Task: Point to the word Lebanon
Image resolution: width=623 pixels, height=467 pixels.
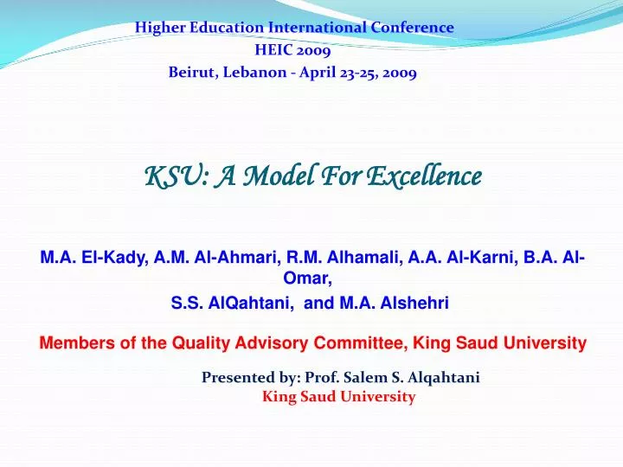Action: pyautogui.click(x=255, y=73)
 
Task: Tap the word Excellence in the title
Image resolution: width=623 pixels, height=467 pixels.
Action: pyautogui.click(x=423, y=176)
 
